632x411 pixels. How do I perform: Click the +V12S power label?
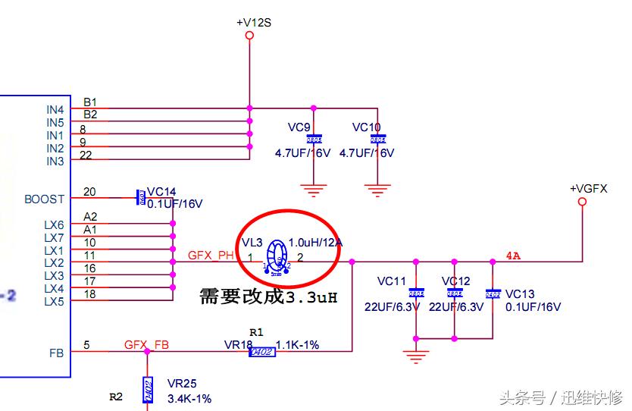tap(254, 23)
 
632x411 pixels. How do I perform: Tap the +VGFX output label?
tap(589, 188)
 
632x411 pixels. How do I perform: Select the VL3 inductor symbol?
tap(278, 254)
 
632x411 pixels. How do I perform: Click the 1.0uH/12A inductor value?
tap(315, 243)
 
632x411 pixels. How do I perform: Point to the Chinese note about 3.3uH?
tap(268, 296)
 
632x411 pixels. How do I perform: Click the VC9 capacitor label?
tap(299, 127)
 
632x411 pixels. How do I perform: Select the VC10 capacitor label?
tap(366, 127)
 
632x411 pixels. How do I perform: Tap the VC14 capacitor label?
tap(161, 192)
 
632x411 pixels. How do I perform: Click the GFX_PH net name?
tap(211, 256)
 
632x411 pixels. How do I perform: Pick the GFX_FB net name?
tap(146, 345)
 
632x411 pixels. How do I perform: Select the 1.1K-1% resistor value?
tap(297, 345)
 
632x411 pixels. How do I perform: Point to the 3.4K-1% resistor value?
tap(189, 399)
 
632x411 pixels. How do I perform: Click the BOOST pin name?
tap(44, 199)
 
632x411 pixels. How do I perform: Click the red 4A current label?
tap(513, 256)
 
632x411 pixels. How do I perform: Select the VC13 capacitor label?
tap(520, 294)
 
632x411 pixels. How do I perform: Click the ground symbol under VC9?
tap(314, 189)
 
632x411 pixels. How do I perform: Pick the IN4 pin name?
tap(55, 110)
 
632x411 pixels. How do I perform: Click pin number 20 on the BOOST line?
tap(90, 192)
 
